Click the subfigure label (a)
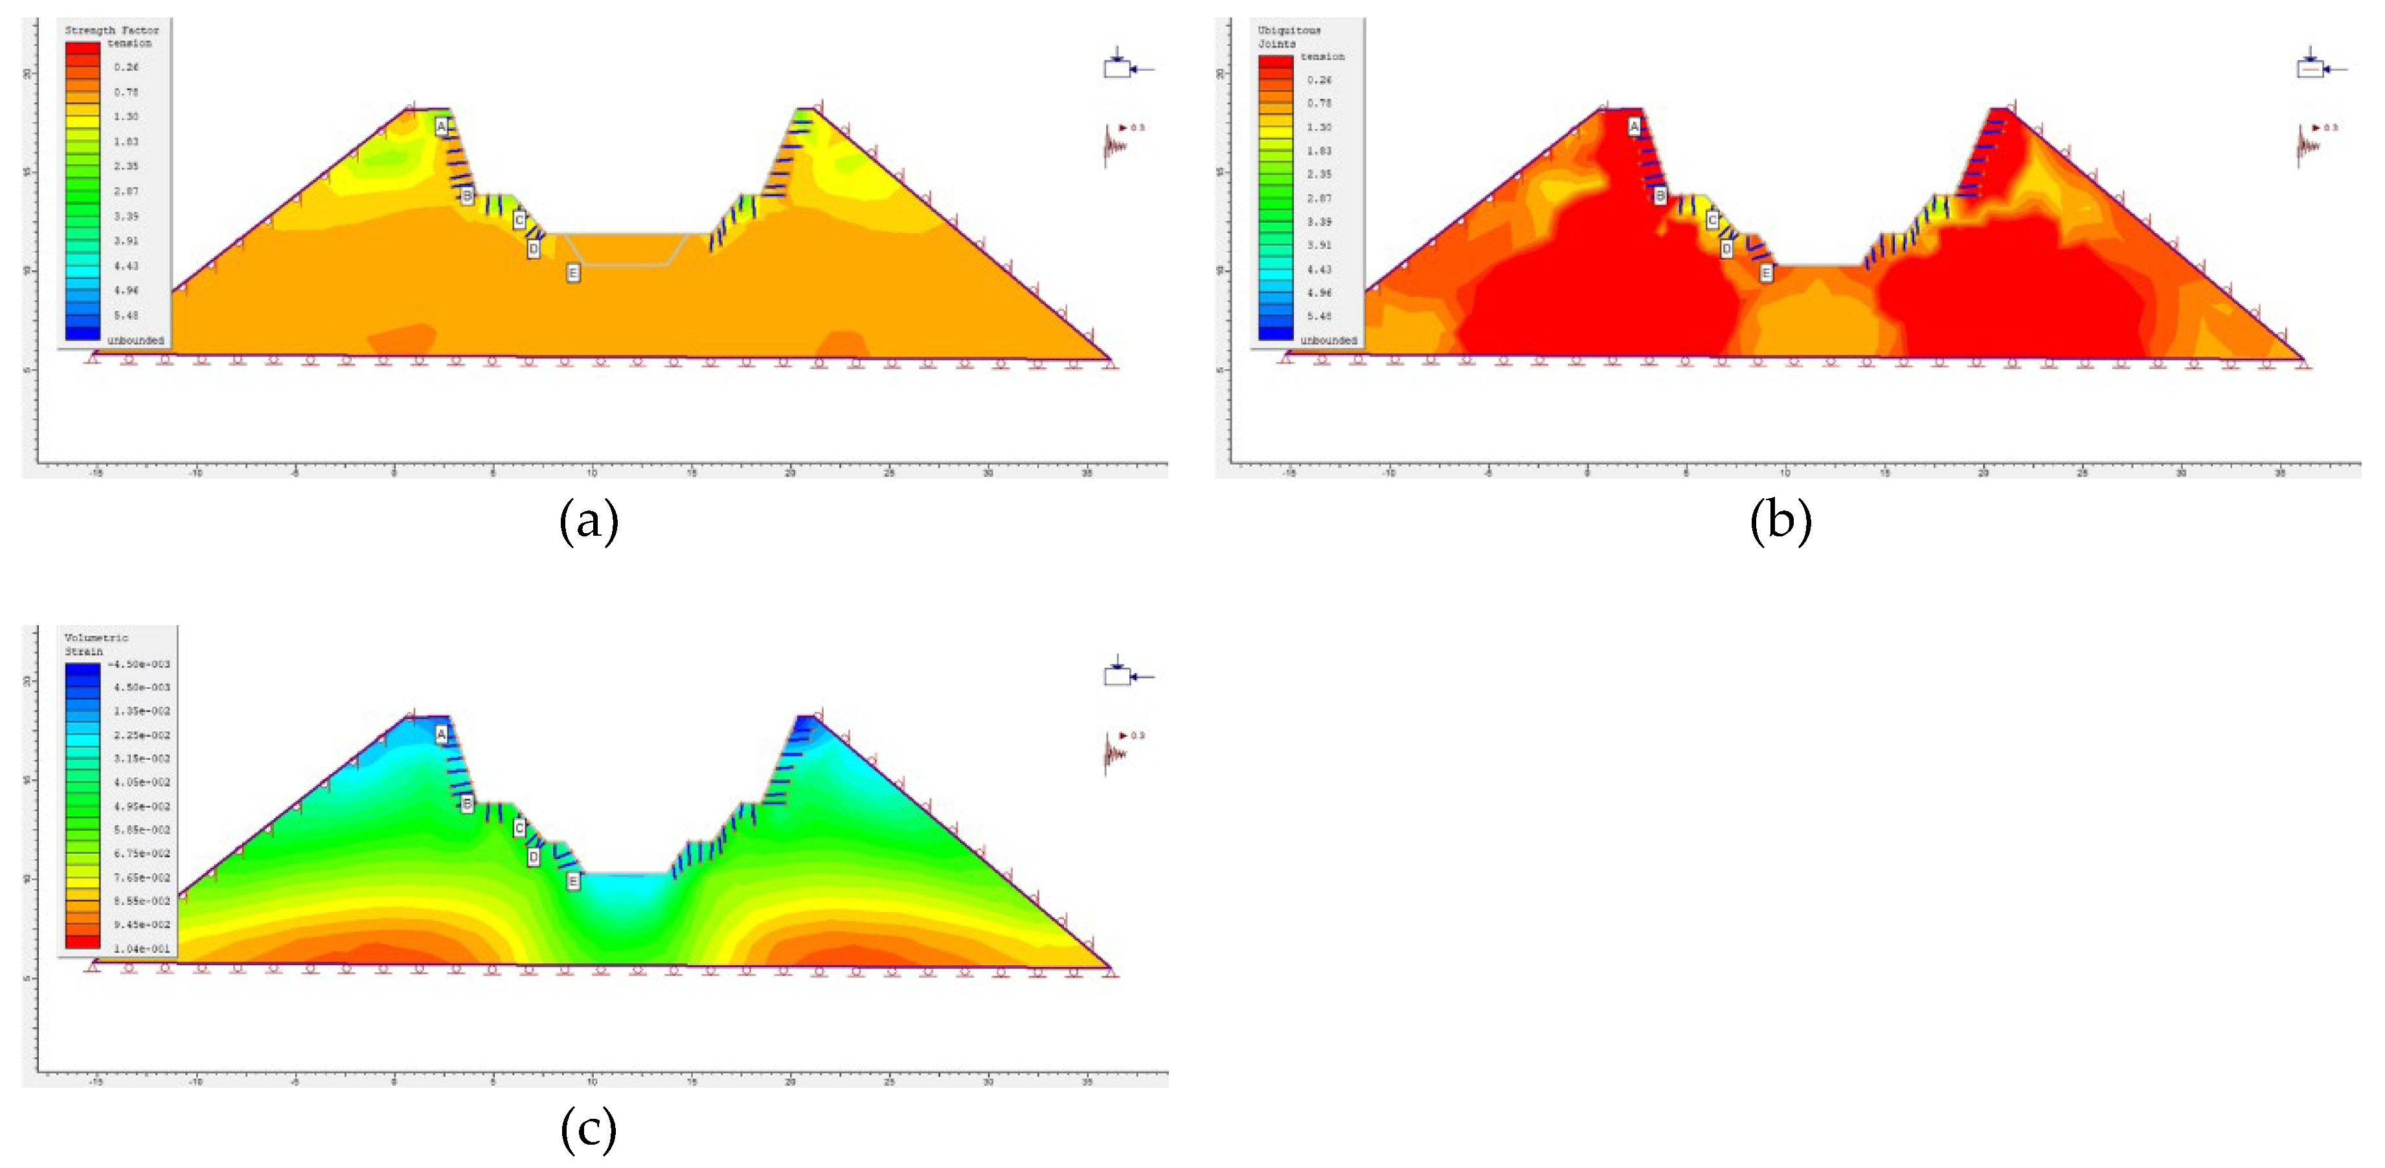(589, 521)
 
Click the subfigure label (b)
(1780, 521)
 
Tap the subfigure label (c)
(589, 1129)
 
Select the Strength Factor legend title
(111, 30)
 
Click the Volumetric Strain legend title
(96, 644)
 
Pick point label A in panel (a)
(442, 126)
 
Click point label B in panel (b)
(1660, 196)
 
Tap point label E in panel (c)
(573, 881)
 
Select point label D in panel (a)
(534, 248)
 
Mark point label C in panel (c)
(519, 827)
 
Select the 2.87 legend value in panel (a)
(126, 191)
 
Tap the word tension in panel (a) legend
(129, 43)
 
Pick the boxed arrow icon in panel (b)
(2311, 67)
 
